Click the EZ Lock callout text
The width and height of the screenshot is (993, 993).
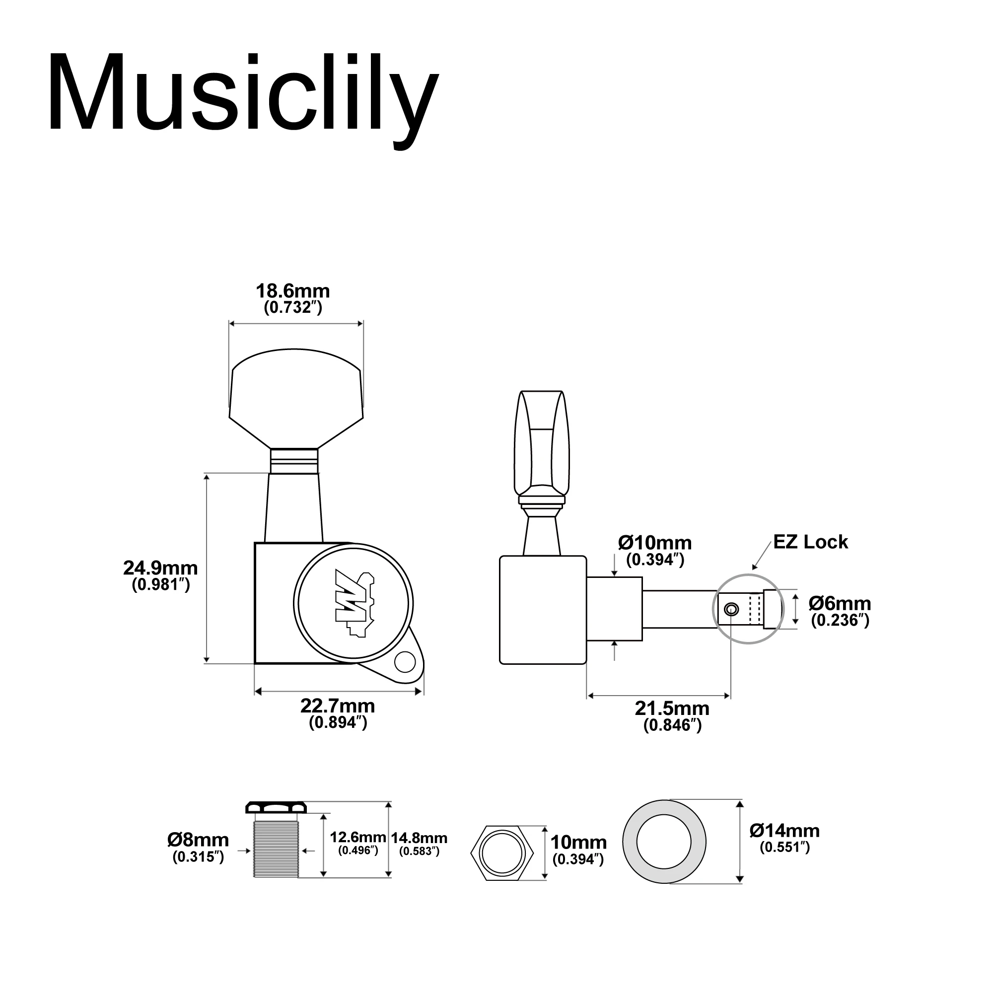point(811,542)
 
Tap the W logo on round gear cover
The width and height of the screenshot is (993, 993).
point(355,603)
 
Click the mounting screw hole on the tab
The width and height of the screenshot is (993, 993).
point(405,662)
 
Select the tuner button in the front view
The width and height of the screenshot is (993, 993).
point(296,396)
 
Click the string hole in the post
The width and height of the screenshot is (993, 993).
point(731,610)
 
